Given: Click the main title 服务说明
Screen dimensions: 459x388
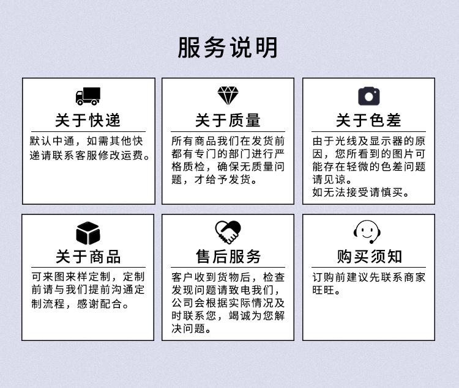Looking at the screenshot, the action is tap(228, 48).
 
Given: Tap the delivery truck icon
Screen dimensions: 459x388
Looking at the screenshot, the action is tap(88, 96).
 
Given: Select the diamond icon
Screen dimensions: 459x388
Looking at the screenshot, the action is tap(228, 96).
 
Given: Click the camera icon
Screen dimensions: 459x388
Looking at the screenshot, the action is tap(369, 96).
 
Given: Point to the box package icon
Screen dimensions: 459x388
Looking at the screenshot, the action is tap(88, 233).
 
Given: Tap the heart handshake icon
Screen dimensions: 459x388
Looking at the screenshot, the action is tap(228, 232).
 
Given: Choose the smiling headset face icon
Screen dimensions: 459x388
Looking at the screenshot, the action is tap(367, 232).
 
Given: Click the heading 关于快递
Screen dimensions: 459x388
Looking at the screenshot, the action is tap(88, 120).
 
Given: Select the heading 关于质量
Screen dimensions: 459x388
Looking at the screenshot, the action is tap(228, 120).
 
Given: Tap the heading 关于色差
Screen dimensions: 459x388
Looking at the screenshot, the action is tap(368, 120).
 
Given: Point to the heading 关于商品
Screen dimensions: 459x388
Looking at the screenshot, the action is tap(88, 257).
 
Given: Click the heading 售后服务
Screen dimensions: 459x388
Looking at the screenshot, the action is tap(228, 257).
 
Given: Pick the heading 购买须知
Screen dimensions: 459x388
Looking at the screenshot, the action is tap(369, 257).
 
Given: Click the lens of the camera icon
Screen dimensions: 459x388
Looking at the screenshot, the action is tap(369, 97).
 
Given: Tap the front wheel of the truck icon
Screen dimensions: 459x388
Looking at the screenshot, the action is tap(80, 103).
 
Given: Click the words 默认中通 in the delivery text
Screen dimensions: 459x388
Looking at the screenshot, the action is tap(52, 141).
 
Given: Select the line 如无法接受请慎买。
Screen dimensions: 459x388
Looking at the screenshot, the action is tap(360, 192).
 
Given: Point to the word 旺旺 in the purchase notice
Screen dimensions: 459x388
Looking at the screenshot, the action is tap(323, 290).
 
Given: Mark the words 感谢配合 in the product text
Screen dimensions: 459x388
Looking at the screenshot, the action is tap(99, 304).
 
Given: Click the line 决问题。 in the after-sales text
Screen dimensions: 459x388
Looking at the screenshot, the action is tap(191, 329).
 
